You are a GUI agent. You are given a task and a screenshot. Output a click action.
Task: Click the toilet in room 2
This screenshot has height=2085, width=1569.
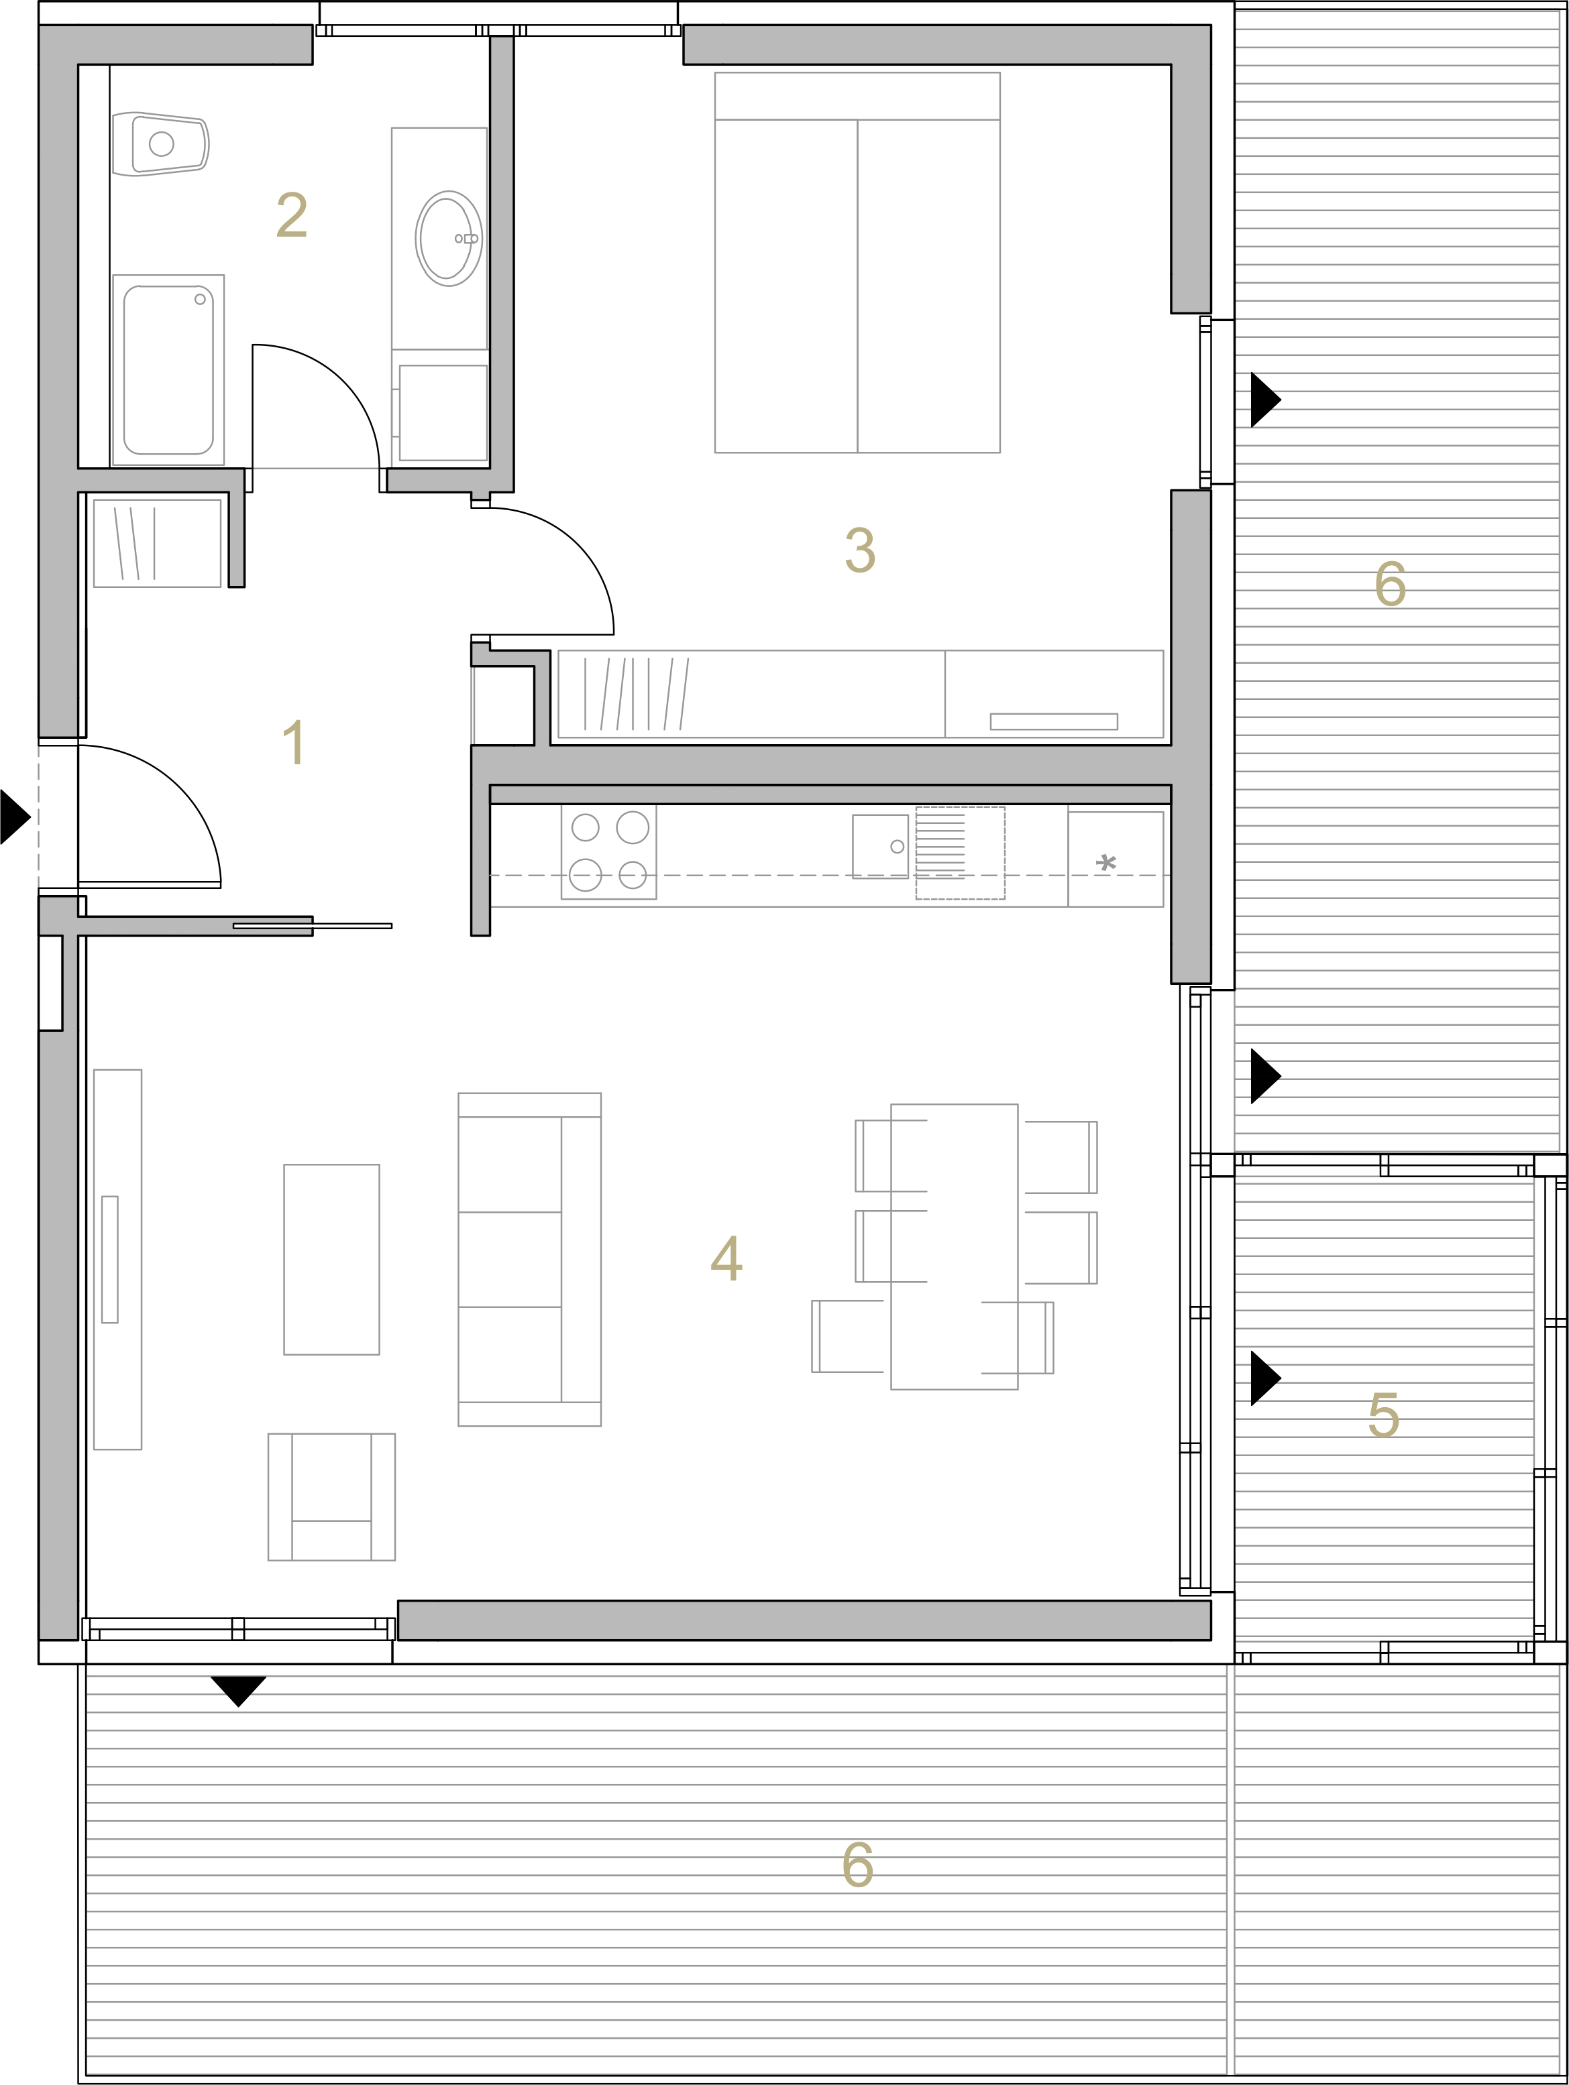pos(160,144)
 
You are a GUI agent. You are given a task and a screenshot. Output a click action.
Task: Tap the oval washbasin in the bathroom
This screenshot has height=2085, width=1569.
pos(448,239)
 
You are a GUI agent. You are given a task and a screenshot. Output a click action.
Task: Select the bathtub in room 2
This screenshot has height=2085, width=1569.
pos(168,369)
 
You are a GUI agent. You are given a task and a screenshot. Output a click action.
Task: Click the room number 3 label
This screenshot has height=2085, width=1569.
pos(860,550)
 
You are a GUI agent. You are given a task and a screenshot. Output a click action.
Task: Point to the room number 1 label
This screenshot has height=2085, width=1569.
pos(294,741)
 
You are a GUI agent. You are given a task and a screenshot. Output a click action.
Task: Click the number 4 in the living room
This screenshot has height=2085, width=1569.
pos(726,1258)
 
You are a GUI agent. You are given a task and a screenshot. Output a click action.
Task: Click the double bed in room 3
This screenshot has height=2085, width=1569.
pos(857,262)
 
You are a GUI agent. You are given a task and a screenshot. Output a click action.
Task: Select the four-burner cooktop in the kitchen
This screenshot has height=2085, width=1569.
pos(609,852)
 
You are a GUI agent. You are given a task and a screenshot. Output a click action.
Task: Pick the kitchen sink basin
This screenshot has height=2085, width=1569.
pos(879,847)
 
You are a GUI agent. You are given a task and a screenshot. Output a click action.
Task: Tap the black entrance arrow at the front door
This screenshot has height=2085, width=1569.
pos(15,817)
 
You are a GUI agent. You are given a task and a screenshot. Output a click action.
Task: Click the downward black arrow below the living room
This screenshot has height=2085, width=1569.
pos(239,1691)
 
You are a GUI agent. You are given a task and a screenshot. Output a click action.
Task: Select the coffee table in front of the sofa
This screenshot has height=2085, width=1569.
pos(332,1259)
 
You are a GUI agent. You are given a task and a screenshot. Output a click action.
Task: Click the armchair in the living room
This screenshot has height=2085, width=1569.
pos(332,1497)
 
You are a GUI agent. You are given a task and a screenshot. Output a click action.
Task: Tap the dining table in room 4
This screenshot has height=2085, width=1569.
pos(955,1247)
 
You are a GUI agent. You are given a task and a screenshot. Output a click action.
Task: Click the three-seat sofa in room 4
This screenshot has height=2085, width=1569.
pos(530,1259)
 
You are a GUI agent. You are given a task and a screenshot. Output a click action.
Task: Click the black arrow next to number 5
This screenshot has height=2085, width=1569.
pos(1265,1378)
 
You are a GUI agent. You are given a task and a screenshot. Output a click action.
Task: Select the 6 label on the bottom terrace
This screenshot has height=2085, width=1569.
pos(858,1864)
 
